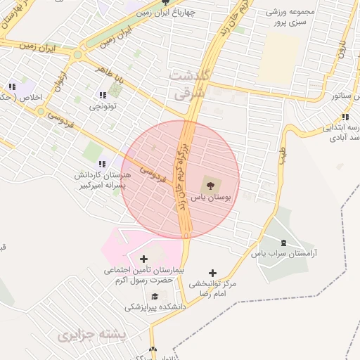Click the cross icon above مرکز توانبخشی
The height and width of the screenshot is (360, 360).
point(213,273)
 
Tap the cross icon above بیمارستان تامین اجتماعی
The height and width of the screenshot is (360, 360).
point(143,259)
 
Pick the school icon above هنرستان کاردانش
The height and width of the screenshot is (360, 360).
point(103,162)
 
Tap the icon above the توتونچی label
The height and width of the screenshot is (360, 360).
point(103,95)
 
